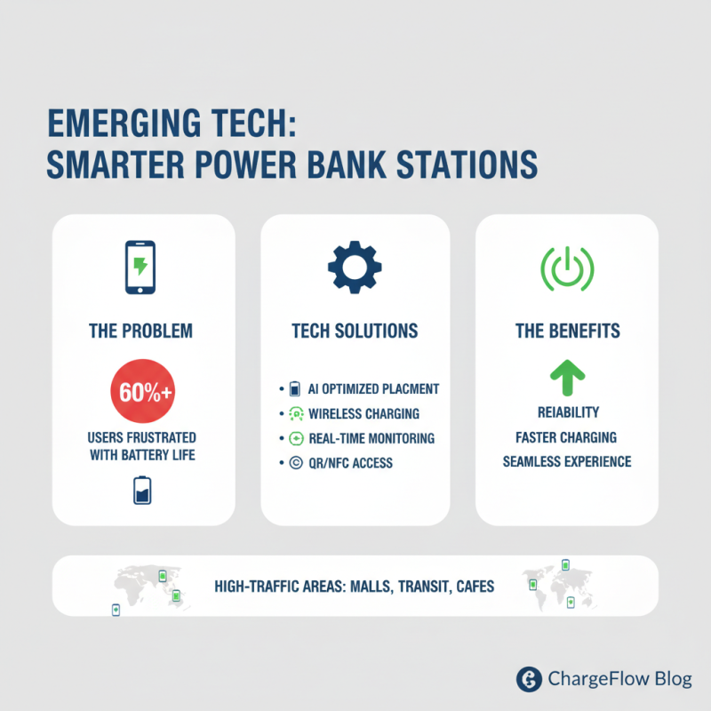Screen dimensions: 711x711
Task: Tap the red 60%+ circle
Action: pos(142,394)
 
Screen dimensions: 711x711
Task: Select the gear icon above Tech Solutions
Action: pos(355,266)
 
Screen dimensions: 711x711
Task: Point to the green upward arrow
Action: pos(567,377)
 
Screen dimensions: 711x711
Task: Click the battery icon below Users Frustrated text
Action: pos(142,490)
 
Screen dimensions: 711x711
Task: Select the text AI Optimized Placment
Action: pos(373,389)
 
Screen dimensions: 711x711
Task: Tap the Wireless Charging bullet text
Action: pos(363,413)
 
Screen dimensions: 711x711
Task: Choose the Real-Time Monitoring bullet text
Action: pos(371,438)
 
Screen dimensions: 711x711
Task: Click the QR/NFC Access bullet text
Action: pos(350,462)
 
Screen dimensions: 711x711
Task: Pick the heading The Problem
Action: pos(142,332)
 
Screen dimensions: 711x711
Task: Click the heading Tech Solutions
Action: pos(355,332)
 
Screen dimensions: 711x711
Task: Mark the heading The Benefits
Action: pos(567,332)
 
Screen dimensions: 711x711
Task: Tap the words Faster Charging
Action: pos(567,437)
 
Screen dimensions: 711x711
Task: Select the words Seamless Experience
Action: pos(567,461)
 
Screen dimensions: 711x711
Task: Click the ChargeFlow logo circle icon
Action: pos(530,679)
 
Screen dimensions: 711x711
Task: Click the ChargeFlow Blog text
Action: pos(619,680)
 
